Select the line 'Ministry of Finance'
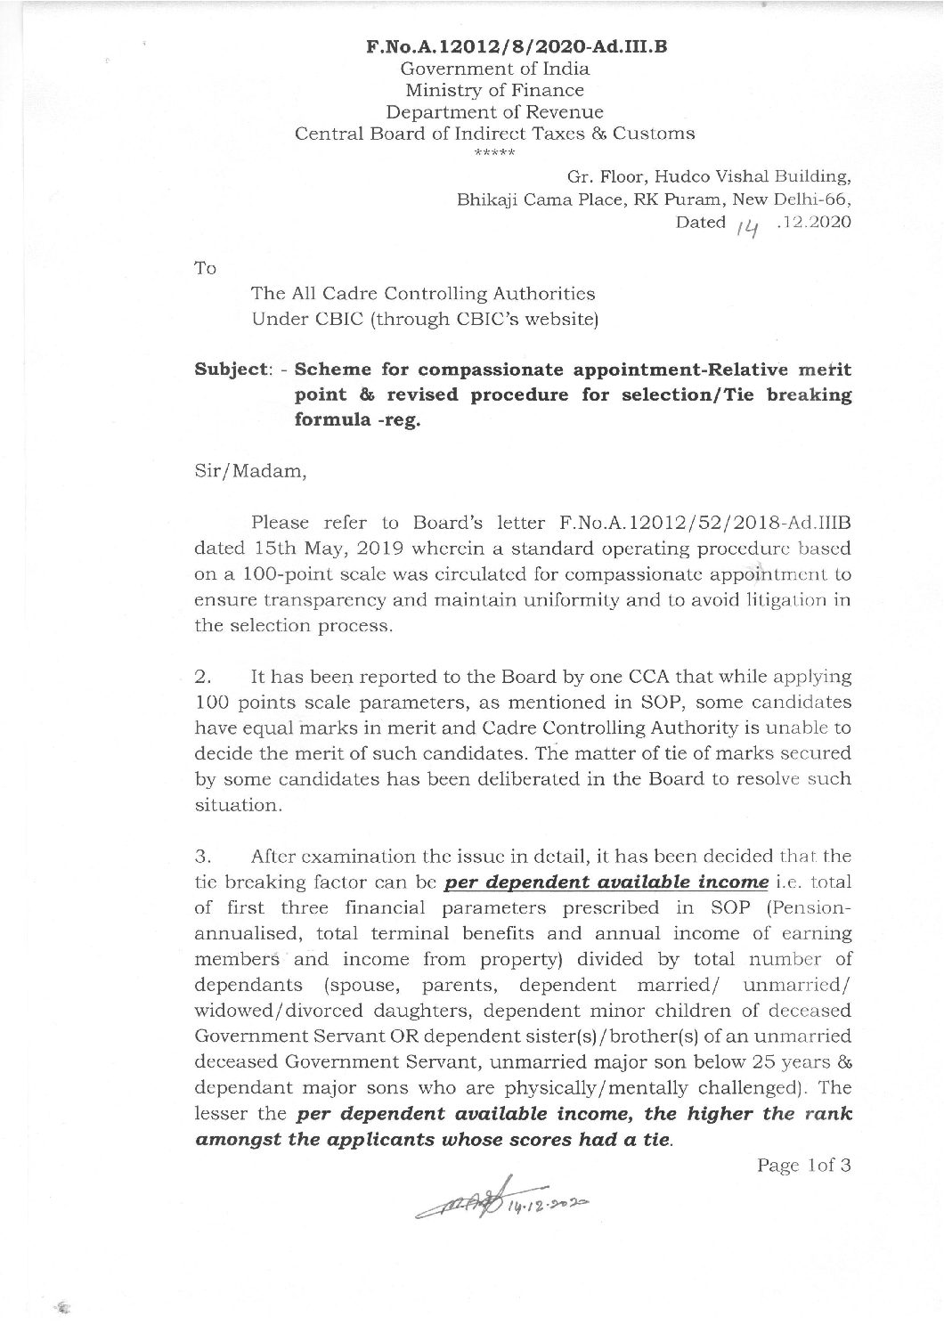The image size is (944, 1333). (494, 90)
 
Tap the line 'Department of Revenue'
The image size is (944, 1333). (494, 112)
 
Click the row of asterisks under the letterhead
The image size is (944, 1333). (493, 151)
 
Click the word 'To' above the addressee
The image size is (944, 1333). (205, 267)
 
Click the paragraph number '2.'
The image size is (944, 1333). (202, 677)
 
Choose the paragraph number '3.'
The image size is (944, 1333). (202, 857)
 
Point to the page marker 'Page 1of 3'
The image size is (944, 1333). (803, 1165)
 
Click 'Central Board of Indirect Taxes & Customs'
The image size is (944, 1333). (494, 134)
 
